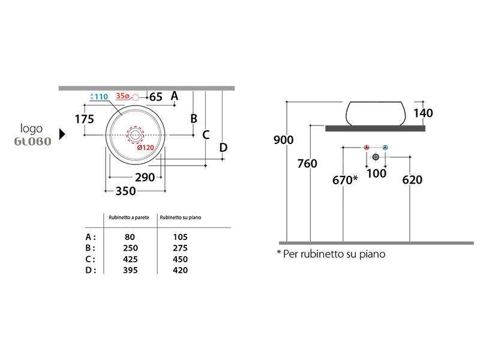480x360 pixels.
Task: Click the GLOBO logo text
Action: pyautogui.click(x=32, y=142)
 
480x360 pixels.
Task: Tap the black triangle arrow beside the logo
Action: pyautogui.click(x=62, y=133)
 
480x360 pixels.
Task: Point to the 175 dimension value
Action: pyautogui.click(x=84, y=119)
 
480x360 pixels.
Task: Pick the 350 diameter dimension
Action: pyautogui.click(x=125, y=191)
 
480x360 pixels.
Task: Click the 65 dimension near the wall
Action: pyautogui.click(x=156, y=97)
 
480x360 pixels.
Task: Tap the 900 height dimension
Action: pyautogui.click(x=283, y=140)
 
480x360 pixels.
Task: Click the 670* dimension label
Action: pyautogui.click(x=346, y=179)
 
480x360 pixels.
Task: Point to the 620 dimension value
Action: pyautogui.click(x=412, y=179)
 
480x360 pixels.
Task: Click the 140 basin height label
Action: pyautogui.click(x=423, y=113)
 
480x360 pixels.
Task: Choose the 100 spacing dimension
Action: pyautogui.click(x=376, y=173)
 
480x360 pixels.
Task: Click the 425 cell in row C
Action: pyautogui.click(x=130, y=259)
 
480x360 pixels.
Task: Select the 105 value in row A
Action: pyautogui.click(x=179, y=238)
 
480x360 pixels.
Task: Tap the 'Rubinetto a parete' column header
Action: pyautogui.click(x=128, y=217)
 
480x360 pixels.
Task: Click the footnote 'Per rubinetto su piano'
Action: pyautogui.click(x=331, y=254)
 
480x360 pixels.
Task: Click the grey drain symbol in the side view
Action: pyautogui.click(x=376, y=157)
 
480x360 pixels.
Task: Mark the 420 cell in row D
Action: pyautogui.click(x=179, y=270)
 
